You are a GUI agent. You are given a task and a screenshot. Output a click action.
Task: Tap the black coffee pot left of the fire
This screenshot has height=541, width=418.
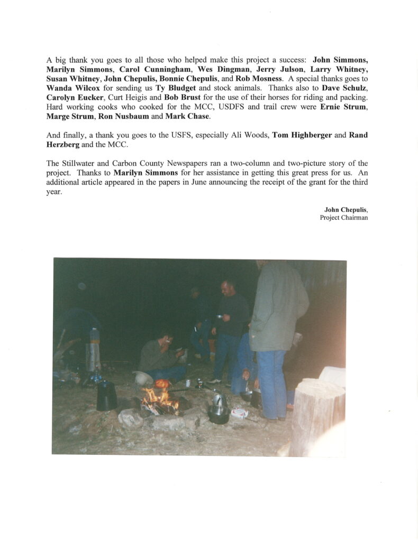pyautogui.click(x=106, y=396)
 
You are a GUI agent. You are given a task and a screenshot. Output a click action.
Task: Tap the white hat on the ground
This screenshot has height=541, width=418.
pyautogui.click(x=143, y=377)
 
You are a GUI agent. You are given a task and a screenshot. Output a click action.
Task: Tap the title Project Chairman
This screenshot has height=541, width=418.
pyautogui.click(x=343, y=218)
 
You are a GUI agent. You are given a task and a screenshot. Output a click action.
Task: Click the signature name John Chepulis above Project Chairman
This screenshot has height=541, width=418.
pyautogui.click(x=346, y=210)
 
